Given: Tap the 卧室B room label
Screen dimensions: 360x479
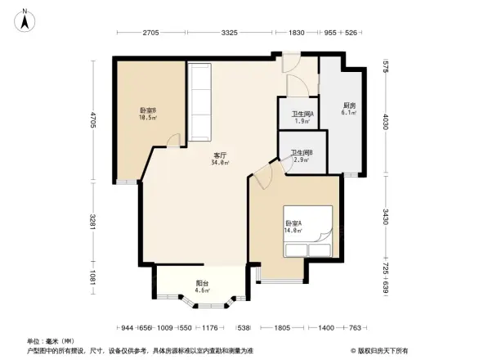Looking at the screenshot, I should click(147, 114).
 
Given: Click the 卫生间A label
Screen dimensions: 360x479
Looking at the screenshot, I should click(302, 117).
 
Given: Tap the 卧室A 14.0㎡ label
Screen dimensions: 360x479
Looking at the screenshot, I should click(294, 227).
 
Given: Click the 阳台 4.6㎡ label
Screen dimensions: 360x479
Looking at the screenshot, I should click(202, 286).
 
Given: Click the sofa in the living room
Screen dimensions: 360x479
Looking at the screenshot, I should click(201, 101).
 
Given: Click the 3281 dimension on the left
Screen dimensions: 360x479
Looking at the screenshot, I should click(94, 222).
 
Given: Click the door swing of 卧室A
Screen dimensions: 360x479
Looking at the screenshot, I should click(262, 173).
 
